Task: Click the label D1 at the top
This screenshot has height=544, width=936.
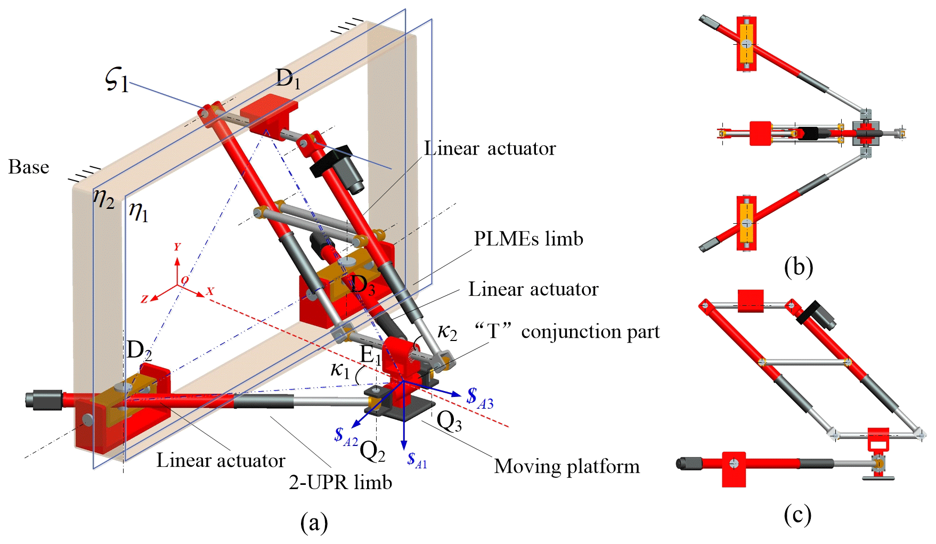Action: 288,79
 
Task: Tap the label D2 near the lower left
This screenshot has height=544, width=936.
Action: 139,350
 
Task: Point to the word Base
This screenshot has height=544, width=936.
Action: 29,167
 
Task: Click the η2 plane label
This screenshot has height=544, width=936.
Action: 104,199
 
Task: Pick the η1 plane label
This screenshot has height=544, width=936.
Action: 139,212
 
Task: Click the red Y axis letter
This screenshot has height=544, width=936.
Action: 177,247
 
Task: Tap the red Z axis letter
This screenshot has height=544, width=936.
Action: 144,299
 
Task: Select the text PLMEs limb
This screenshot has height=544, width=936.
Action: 528,239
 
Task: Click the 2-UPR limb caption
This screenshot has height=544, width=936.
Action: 340,482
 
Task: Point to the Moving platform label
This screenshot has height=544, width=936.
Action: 567,466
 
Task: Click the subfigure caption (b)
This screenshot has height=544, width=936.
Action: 798,266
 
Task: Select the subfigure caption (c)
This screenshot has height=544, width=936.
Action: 797,514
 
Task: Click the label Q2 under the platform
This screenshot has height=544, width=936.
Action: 372,451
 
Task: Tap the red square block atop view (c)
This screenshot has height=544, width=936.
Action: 751,301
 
